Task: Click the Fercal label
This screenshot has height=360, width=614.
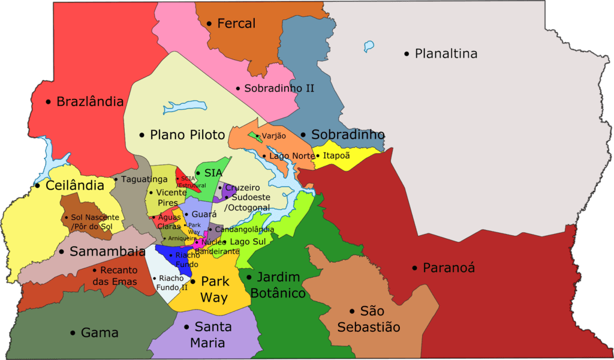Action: pyautogui.click(x=236, y=23)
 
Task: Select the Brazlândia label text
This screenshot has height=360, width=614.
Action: pyautogui.click(x=90, y=101)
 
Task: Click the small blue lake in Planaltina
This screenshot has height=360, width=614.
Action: pyautogui.click(x=369, y=46)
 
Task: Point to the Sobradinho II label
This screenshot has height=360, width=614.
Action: pyautogui.click(x=279, y=88)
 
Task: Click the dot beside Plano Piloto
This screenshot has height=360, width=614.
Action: pyautogui.click(x=142, y=135)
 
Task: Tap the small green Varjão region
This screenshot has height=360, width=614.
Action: pyautogui.click(x=254, y=136)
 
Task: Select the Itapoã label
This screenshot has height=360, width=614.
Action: pyautogui.click(x=336, y=155)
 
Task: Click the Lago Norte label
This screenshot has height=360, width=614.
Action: pyautogui.click(x=291, y=156)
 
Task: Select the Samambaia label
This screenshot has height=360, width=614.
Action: pyautogui.click(x=107, y=251)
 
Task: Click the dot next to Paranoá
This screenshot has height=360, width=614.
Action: pyautogui.click(x=414, y=268)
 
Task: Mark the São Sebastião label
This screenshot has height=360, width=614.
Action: pyautogui.click(x=369, y=319)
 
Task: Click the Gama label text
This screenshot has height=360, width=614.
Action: pyautogui.click(x=100, y=332)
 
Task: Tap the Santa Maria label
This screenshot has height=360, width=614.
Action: pyautogui.click(x=207, y=335)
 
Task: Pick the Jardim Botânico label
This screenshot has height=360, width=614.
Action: pyautogui.click(x=278, y=285)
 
